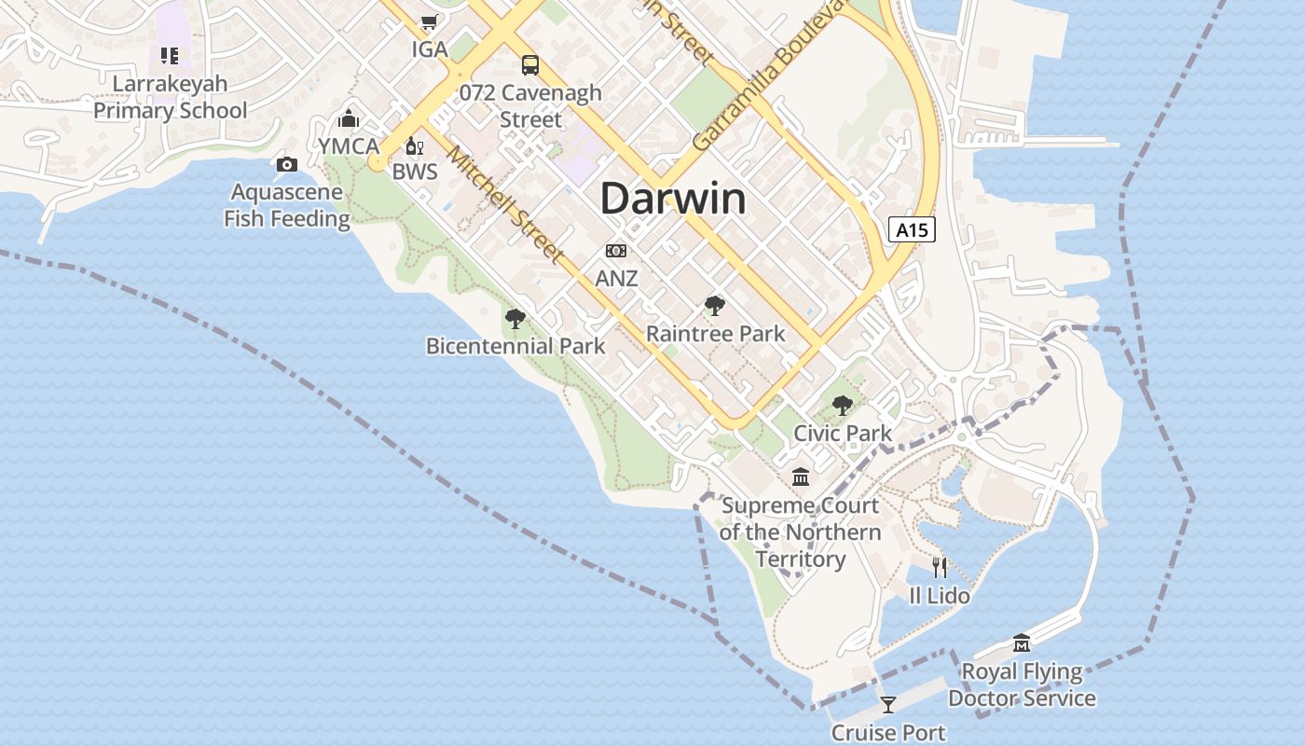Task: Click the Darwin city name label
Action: point(672,199)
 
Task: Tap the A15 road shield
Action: point(911,229)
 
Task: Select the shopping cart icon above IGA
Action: point(429,21)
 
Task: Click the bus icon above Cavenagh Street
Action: point(530,64)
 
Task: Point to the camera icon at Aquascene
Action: point(287,165)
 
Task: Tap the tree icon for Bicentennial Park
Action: point(515,319)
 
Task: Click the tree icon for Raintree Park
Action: point(715,306)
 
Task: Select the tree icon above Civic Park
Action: point(843,406)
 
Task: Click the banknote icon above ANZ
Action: point(616,251)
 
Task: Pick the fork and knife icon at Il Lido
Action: point(940,567)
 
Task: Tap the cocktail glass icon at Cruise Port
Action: point(887,705)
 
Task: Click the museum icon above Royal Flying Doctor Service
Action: point(1022,643)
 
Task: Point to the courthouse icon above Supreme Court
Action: point(800,478)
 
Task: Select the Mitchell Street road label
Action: point(505,202)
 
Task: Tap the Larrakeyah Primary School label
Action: point(170,97)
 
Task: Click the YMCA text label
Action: point(349,146)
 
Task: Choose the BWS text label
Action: point(414,172)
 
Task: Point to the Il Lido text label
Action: point(940,595)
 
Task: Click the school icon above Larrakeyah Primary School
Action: point(169,56)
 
